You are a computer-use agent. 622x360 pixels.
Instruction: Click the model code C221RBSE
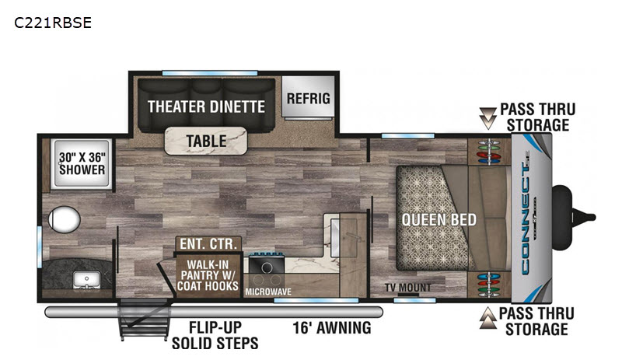coord(53,23)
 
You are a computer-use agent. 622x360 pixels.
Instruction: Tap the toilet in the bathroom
coord(64,219)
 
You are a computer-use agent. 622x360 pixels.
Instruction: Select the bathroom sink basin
coord(87,279)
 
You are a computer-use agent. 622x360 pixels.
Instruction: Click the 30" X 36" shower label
coord(82,163)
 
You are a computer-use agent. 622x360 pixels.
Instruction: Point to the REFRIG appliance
coord(308,97)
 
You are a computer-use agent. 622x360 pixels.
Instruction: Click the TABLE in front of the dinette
coord(206,141)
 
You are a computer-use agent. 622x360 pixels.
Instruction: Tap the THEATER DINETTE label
coord(206,107)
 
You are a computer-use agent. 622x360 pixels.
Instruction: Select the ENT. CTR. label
coord(208,243)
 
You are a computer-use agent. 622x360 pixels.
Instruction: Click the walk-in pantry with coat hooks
coord(208,275)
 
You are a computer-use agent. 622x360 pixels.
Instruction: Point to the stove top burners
coord(267,264)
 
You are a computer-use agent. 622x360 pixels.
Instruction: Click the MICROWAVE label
coord(268,292)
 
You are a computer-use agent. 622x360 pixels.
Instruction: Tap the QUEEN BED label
coord(439,219)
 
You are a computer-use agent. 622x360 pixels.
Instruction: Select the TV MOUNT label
coord(407,287)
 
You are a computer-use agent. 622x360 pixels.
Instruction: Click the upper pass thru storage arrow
coord(487,118)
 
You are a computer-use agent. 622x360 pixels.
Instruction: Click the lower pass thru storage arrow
coord(487,319)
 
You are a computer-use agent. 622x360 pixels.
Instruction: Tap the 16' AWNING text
coord(332,328)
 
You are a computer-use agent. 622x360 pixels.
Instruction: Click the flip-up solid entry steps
coord(144,320)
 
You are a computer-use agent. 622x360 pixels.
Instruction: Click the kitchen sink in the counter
coord(334,237)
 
